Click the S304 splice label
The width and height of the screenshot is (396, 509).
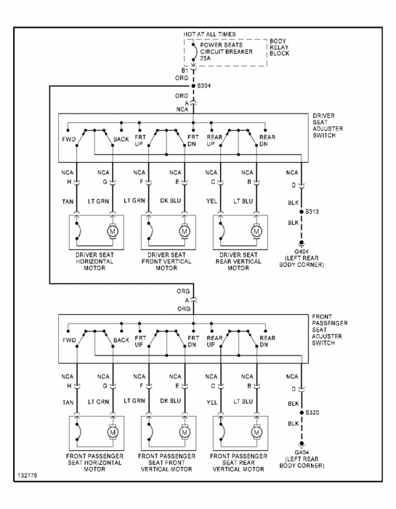tap(204, 86)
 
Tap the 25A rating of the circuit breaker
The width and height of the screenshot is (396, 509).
tap(205, 58)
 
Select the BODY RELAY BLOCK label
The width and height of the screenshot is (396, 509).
tap(279, 47)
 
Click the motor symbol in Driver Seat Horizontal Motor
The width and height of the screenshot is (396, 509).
tap(113, 231)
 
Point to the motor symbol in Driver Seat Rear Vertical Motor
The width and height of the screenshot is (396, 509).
tap(256, 231)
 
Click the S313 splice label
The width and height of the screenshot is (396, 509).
tap(312, 212)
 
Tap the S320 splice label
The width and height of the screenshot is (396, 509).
tap(312, 412)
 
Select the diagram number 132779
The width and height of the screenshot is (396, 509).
tap(27, 476)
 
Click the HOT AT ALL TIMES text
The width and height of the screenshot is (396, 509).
tap(209, 34)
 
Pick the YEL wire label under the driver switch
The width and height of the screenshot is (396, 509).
tap(211, 201)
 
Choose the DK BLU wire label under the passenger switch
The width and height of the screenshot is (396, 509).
tap(171, 401)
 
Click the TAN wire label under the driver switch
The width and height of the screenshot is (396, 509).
tap(68, 201)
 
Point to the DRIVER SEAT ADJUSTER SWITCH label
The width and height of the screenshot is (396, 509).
tap(328, 125)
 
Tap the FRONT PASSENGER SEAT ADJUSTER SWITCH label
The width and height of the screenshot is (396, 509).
tap(329, 329)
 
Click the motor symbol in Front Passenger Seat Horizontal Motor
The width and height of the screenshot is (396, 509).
tap(113, 433)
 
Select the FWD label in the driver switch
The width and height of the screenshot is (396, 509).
tap(69, 140)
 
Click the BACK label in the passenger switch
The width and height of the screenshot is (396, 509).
tap(121, 340)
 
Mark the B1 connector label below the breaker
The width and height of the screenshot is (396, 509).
tap(185, 71)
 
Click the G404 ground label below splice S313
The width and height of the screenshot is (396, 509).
tap(302, 252)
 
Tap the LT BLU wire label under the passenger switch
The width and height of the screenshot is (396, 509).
tap(243, 401)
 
